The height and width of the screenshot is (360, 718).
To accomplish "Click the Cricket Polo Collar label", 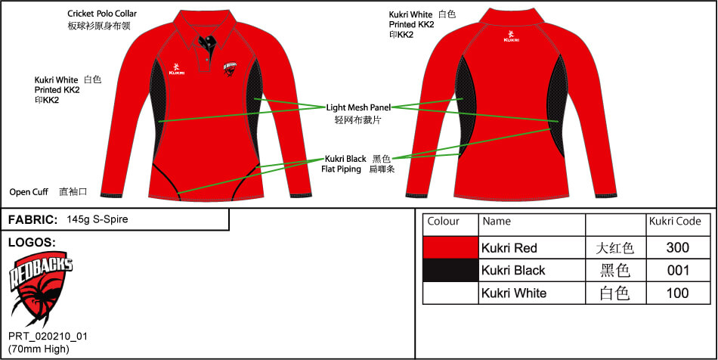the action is (x=102, y=14).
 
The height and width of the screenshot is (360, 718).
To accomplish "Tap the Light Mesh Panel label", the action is (x=358, y=108).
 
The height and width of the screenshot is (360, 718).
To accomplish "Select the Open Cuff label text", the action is (x=29, y=192).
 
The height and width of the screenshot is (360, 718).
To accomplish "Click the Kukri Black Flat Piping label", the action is (x=345, y=164).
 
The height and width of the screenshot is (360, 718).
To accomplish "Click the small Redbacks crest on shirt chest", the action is (x=231, y=69).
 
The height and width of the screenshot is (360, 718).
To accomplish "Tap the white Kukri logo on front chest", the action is (x=176, y=68).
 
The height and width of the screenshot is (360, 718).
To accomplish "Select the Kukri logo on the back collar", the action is (x=511, y=36).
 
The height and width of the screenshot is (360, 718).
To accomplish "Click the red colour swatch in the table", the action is (x=450, y=248).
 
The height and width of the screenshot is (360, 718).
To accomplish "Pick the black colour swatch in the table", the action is (x=450, y=270).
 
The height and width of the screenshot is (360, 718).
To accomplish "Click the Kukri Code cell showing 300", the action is (x=678, y=248).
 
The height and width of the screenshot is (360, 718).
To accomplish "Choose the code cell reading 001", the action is (x=678, y=270).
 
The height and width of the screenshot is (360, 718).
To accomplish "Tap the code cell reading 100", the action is (x=678, y=293).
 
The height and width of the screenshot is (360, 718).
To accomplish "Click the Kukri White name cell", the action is (x=531, y=293).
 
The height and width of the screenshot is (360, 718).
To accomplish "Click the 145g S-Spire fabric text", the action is (x=97, y=219).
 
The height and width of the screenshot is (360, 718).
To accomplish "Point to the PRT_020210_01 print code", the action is (x=48, y=337).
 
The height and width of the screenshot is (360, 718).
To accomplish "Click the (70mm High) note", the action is (x=39, y=349).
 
